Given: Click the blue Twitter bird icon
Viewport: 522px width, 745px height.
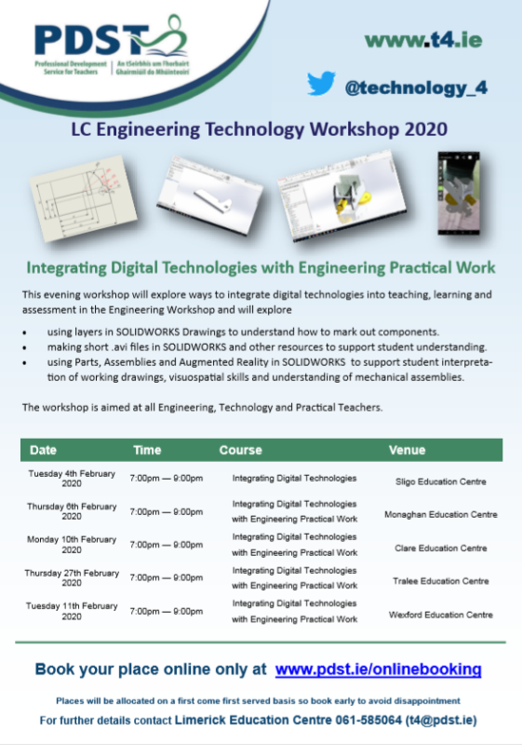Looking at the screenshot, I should pyautogui.click(x=322, y=84).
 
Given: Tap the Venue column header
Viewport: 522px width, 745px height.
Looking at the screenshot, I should pyautogui.click(x=408, y=450).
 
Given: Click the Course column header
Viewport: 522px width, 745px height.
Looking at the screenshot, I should pyautogui.click(x=240, y=450).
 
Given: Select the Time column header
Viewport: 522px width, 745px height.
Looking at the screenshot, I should pyautogui.click(x=147, y=450).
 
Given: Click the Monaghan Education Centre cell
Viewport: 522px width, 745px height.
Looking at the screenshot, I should pyautogui.click(x=441, y=514).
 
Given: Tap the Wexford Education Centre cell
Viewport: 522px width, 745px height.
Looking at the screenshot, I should pyautogui.click(x=441, y=615).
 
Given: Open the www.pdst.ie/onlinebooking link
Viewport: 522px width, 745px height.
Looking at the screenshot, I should pyautogui.click(x=379, y=669).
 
